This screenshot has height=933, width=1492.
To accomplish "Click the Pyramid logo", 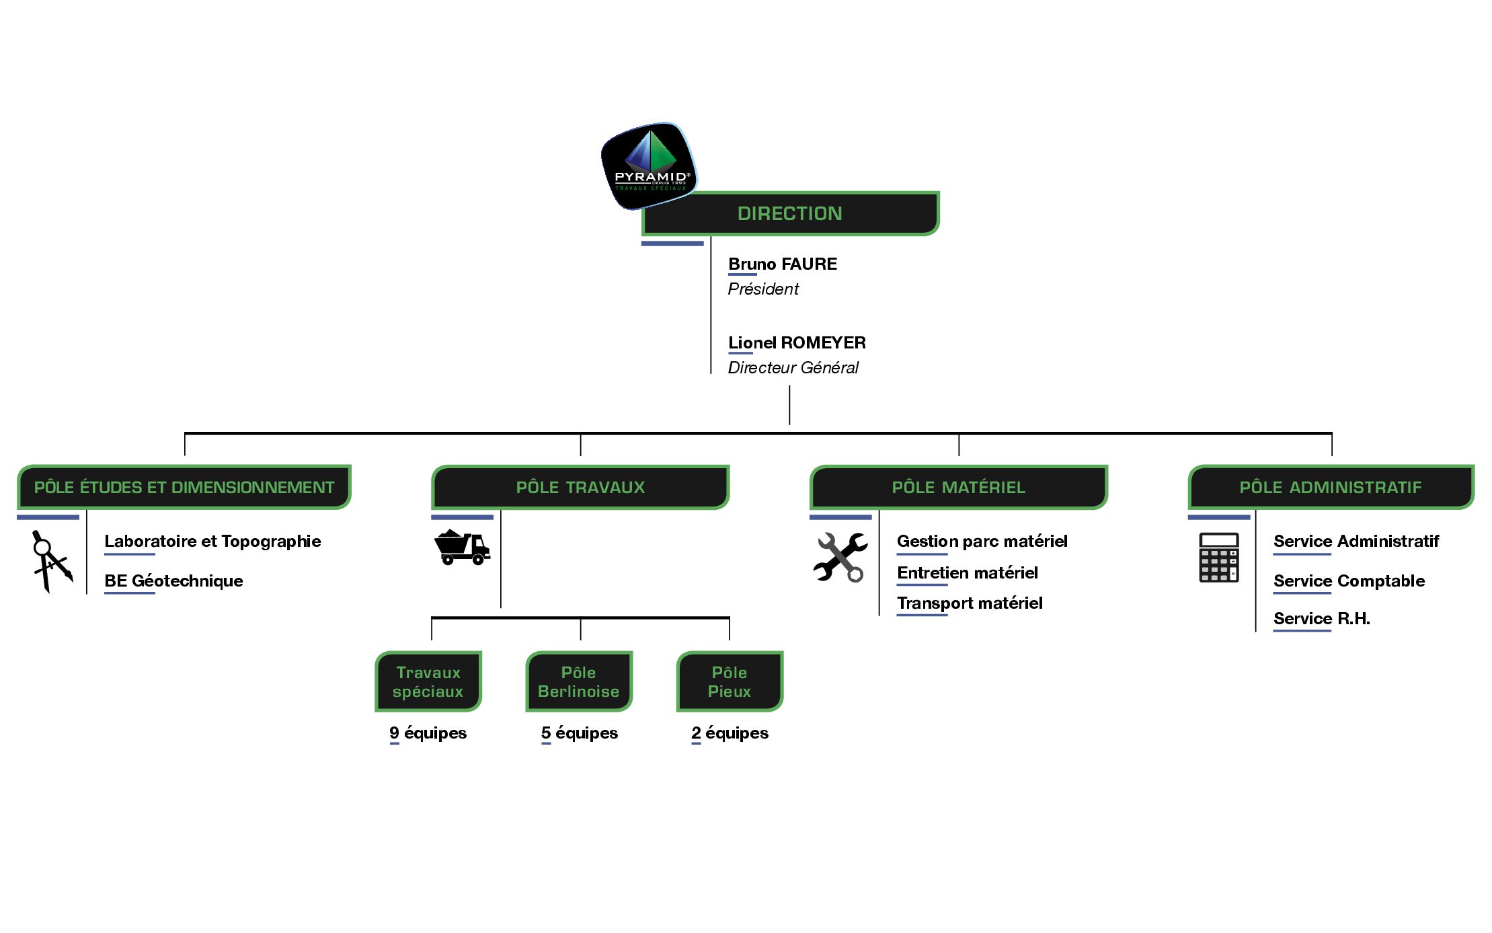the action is pos(649,165).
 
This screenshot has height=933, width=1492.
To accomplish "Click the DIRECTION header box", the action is pos(790,213).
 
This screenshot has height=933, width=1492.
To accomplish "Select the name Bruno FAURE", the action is pos(783,264).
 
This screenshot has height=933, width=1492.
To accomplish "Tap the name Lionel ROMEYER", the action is pos(797,343).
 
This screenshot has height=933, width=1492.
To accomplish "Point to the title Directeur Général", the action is pos(793,368).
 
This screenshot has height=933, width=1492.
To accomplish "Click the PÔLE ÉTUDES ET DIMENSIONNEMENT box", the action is pos(184,487).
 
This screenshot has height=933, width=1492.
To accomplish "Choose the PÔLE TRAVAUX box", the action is pos(580,487).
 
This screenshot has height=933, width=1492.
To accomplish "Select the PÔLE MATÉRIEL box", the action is pos(959,487).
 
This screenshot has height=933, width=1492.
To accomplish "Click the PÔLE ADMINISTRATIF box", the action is pos(1331,487).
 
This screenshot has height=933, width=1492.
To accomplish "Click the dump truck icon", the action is pos(463,547).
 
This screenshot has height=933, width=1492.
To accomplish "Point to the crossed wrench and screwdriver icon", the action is pos(840,557).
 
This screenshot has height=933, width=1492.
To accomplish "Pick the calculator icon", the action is pos(1219,558).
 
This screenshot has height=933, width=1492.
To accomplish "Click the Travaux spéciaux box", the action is pos(428,681).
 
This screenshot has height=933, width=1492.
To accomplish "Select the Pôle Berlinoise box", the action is pos(579,681).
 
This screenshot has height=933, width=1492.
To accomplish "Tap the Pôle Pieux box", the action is pos(730,681).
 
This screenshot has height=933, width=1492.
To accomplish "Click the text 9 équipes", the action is pos(428,733).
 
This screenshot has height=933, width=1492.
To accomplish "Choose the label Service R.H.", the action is pos(1321,619).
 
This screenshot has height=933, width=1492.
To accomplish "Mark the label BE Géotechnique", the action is pos(173,581).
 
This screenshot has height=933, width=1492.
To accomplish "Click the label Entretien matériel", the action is pos(968,572).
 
